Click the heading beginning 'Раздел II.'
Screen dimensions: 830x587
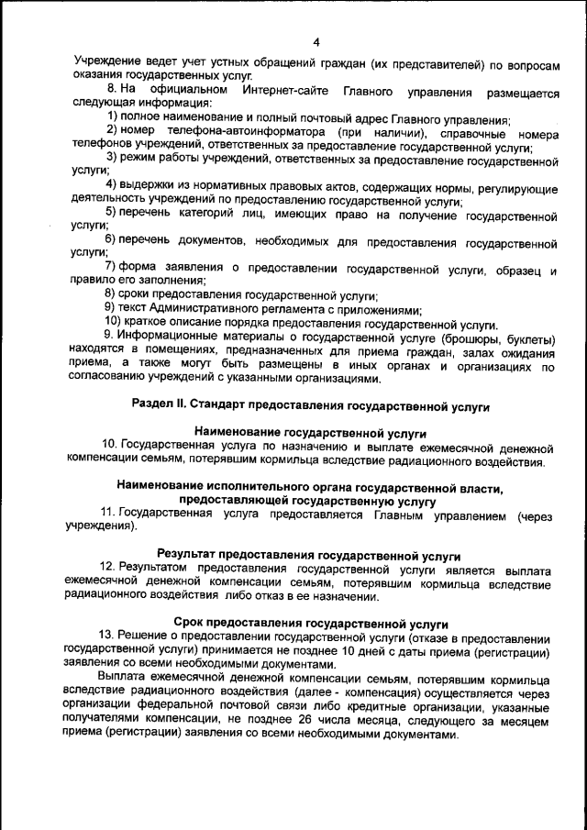pyautogui.click(x=311, y=404)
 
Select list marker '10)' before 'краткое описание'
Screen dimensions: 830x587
pyautogui.click(x=114, y=323)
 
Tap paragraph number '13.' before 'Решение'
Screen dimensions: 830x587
pyautogui.click(x=110, y=637)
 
